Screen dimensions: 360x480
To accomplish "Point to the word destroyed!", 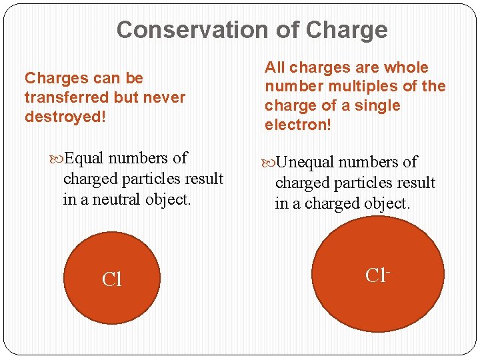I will coord(65,117).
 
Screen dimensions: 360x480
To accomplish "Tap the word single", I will coord(377,106).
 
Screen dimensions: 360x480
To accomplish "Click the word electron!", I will coord(297,125).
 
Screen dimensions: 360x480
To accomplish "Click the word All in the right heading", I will coord(275,67).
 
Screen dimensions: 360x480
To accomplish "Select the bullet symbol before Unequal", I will coord(268,163).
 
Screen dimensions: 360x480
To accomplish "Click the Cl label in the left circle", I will coord(112,279).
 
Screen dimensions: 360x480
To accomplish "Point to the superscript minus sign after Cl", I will coord(387,270).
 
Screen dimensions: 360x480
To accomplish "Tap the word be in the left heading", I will coord(133,78).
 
